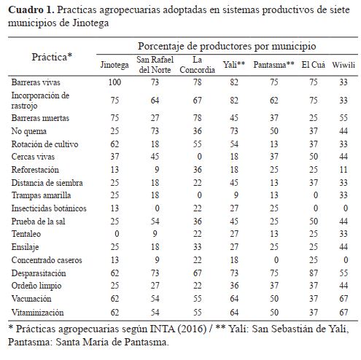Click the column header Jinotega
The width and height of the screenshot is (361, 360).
[114, 65]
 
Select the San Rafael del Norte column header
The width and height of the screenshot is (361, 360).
[155, 65]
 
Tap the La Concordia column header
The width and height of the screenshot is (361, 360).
[197, 65]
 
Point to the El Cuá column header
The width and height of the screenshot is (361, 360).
[313, 65]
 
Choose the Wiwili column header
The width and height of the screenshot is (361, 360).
[343, 65]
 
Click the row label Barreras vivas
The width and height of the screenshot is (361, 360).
[36, 82]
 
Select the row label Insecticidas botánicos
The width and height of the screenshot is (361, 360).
[49, 208]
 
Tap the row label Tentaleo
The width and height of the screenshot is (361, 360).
[26, 234]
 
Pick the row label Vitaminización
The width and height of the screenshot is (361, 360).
[37, 312]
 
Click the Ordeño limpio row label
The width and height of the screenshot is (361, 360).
[36, 286]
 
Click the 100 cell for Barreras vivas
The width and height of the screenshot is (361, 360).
[114, 82]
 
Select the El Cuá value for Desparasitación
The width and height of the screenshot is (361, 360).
[314, 273]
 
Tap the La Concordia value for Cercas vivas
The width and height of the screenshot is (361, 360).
[199, 157]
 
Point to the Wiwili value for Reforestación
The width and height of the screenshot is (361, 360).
[343, 170]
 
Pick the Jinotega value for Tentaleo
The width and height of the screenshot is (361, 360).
[117, 234]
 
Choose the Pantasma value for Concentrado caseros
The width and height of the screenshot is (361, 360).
[276, 260]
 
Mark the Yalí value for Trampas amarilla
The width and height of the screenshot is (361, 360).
[236, 195]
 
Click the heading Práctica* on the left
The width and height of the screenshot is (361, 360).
[52, 57]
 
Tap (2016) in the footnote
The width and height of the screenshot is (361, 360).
[192, 329]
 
